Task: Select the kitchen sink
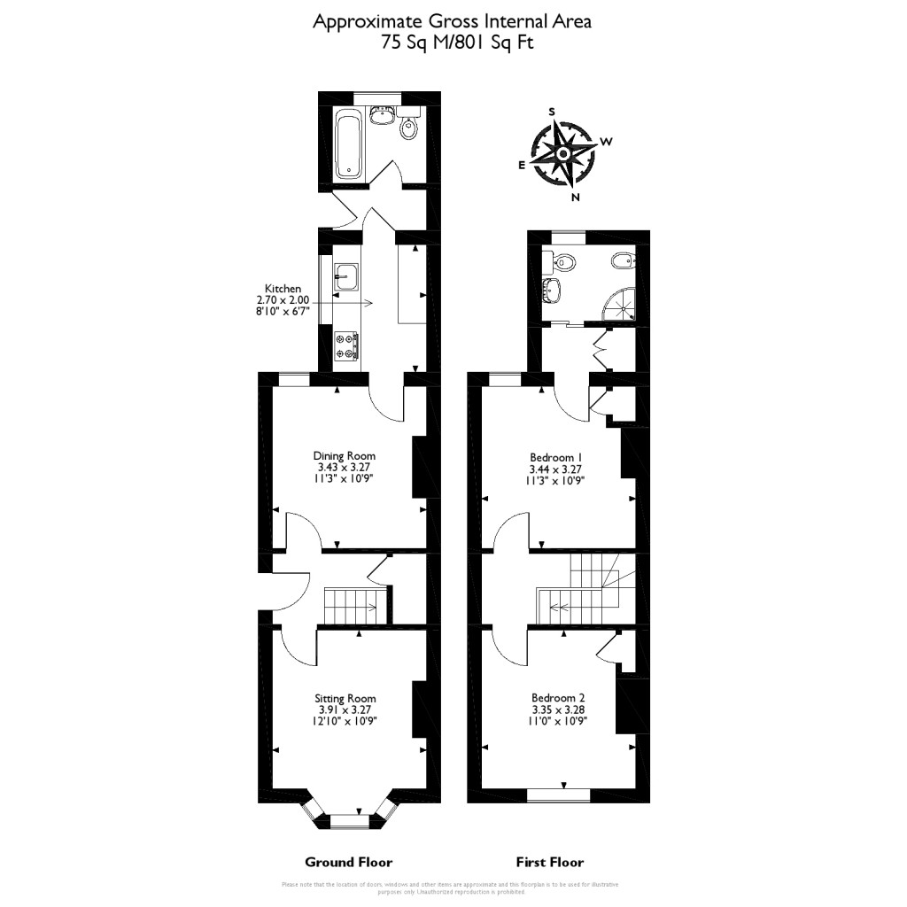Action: coord(345,276)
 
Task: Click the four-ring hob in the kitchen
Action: coord(345,345)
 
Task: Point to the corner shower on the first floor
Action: coord(620,304)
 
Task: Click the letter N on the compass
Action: coord(576,197)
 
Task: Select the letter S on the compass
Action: coord(552,112)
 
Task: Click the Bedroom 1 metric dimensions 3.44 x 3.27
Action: coord(556,469)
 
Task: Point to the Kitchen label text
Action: coord(283,289)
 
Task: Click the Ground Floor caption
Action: coord(348,862)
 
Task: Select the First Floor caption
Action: coord(550,862)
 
